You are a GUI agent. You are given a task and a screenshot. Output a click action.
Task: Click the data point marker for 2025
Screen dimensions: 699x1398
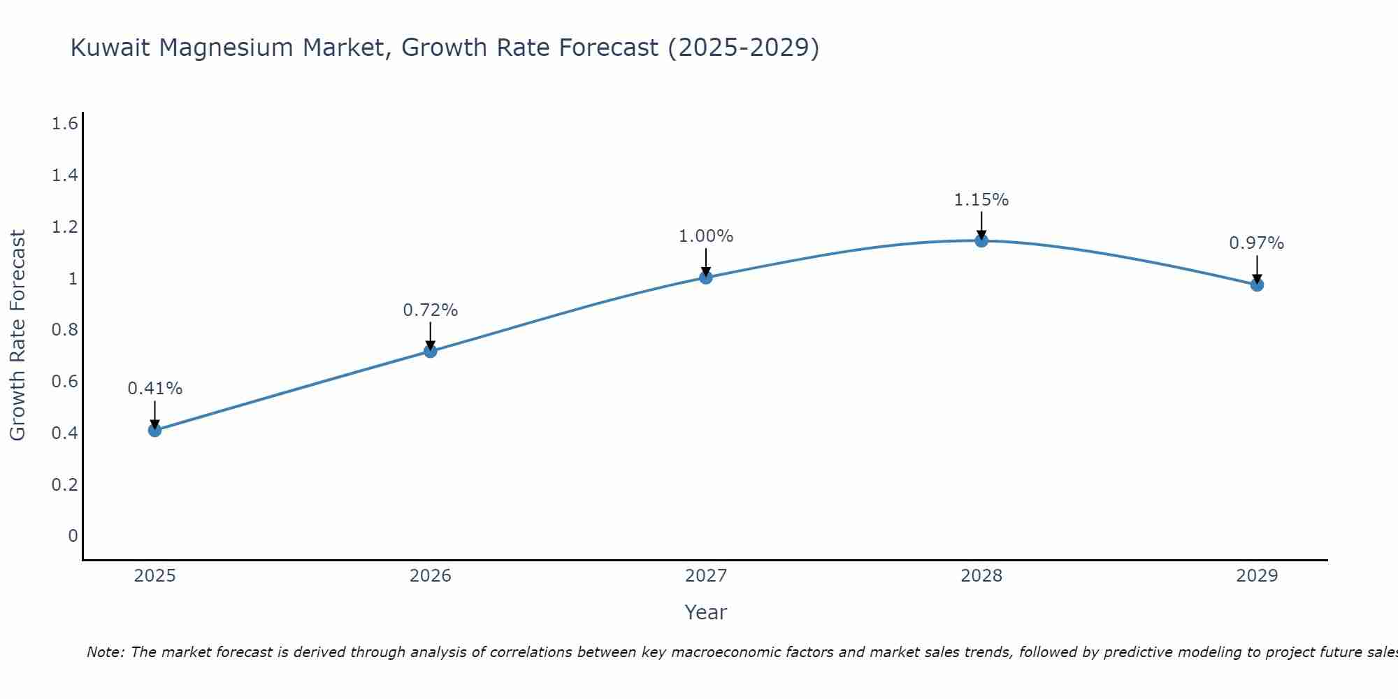pos(155,430)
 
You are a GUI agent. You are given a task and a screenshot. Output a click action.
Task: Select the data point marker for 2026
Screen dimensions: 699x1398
pos(431,351)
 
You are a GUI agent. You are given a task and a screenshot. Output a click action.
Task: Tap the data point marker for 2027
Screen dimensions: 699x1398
pos(706,278)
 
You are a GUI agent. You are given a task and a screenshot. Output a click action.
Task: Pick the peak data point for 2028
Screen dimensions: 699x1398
pos(981,240)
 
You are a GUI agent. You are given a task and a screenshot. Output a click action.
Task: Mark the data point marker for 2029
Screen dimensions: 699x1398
pos(1257,284)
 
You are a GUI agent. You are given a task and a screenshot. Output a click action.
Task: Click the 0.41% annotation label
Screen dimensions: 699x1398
pos(155,389)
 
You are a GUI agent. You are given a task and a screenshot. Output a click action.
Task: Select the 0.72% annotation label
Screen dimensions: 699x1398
pos(431,310)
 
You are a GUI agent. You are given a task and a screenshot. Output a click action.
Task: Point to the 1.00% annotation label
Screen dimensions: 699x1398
pos(706,236)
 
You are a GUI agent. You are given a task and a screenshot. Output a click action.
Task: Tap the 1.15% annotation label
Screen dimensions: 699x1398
pos(981,200)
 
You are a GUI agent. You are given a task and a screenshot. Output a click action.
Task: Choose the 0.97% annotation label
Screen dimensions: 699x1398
pos(1257,243)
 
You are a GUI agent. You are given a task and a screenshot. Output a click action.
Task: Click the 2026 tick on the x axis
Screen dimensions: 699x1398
pos(431,576)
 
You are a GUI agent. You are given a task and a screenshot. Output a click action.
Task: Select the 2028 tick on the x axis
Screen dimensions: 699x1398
pos(981,576)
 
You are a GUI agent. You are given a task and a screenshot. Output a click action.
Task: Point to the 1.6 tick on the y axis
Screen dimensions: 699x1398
pos(64,124)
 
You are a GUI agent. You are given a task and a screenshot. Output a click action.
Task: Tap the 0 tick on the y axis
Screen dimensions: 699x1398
pos(73,536)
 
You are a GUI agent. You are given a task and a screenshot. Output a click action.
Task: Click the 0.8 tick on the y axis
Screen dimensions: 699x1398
pos(64,330)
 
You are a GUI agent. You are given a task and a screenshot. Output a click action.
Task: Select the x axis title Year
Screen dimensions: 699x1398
pos(706,612)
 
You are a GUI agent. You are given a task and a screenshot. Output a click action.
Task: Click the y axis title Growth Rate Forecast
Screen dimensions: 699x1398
pos(17,336)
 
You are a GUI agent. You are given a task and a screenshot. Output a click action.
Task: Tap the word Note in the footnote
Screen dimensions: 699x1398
pos(105,652)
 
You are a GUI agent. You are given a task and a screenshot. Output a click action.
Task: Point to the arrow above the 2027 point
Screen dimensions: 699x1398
pos(706,261)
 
